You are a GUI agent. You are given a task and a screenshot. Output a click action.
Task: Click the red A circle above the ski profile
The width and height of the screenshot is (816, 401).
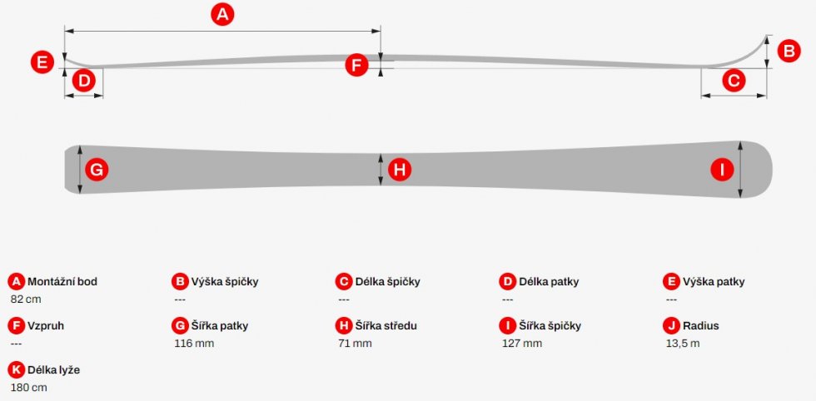[222, 15]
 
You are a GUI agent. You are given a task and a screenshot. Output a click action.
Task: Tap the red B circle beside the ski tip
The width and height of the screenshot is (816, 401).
[789, 52]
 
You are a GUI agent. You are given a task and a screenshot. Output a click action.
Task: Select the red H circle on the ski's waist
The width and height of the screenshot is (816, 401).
[400, 170]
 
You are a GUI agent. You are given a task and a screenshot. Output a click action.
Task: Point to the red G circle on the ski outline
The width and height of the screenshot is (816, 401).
[97, 170]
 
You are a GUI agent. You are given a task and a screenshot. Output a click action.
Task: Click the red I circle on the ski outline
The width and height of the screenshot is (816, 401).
[722, 170]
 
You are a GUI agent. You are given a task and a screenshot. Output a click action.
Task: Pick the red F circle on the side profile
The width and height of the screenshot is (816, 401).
[356, 66]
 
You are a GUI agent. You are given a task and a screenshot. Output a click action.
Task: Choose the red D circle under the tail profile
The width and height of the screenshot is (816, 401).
[84, 82]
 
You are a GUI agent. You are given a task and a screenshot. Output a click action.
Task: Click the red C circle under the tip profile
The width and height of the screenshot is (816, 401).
[734, 81]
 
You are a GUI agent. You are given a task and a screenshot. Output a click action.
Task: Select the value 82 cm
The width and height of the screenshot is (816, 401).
[26, 299]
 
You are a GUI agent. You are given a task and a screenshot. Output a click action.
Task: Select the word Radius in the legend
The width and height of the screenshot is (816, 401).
[701, 326]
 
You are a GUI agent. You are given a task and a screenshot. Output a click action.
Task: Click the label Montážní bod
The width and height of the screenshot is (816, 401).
[62, 282]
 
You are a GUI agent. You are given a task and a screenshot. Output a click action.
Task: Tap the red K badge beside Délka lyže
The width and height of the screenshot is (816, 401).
[17, 369]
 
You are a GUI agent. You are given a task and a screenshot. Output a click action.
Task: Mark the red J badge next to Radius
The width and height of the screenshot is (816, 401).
[671, 325]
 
